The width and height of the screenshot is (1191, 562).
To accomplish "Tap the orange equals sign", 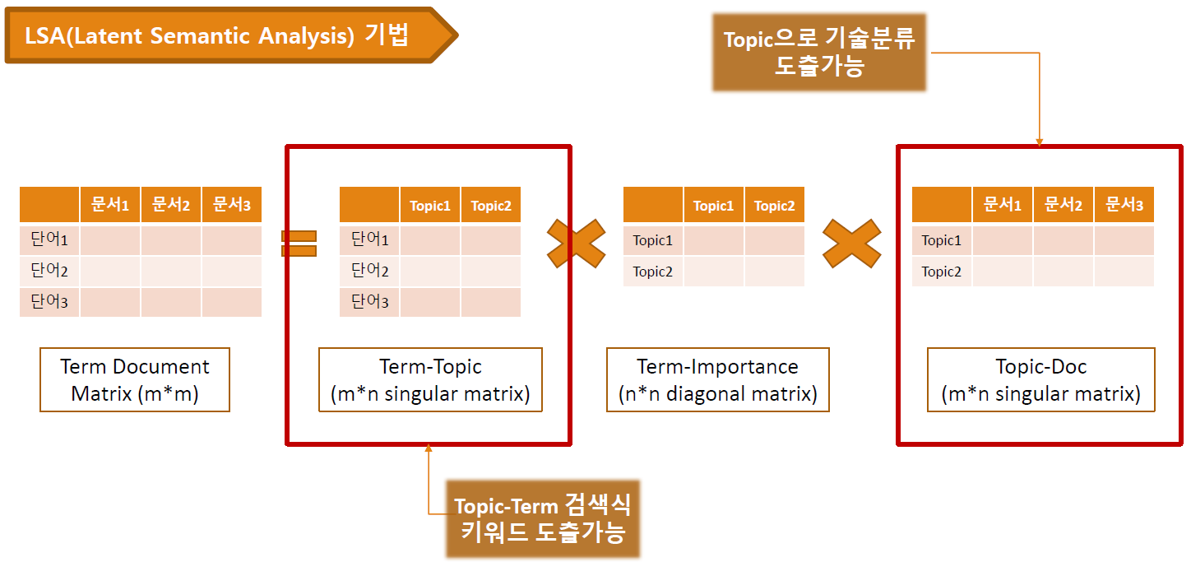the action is click(299, 244).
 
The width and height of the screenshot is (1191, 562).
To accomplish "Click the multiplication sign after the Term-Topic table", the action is click(582, 244).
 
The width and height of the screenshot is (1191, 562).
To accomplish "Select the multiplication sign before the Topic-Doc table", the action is click(851, 244).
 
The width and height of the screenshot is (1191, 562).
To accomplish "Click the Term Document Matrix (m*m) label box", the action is click(135, 380).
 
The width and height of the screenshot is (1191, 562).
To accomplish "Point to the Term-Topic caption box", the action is click(430, 380).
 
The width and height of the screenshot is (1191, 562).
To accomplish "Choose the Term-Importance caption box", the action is click(717, 380).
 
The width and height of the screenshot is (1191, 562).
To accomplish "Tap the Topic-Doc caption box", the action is click(1040, 380).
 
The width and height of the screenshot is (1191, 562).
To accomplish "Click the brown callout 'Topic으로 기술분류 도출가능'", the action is click(819, 52).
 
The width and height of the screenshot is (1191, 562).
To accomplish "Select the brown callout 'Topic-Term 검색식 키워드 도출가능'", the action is click(542, 518).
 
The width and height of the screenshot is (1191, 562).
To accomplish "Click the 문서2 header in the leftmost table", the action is click(171, 205).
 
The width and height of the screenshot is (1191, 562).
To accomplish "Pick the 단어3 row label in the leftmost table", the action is click(49, 302).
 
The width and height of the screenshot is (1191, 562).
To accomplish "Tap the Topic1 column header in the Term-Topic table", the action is click(430, 206).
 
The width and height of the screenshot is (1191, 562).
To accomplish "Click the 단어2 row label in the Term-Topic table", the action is click(369, 271).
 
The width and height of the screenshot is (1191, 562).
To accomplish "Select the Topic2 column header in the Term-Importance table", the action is click(774, 206).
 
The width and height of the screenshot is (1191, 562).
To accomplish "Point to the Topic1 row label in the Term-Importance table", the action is click(653, 240).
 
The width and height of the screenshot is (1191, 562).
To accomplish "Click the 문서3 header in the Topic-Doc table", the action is click(1124, 205).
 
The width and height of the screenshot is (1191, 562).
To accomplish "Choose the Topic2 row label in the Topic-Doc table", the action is click(942, 272).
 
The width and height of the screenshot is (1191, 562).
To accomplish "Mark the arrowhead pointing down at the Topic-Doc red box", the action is click(1039, 142).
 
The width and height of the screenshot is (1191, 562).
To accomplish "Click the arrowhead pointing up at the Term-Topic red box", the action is click(428, 449).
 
